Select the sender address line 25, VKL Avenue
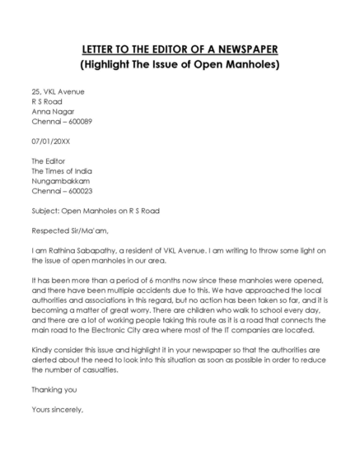point(58,91)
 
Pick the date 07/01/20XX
point(51,141)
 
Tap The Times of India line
point(66,170)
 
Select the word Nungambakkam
point(60,180)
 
